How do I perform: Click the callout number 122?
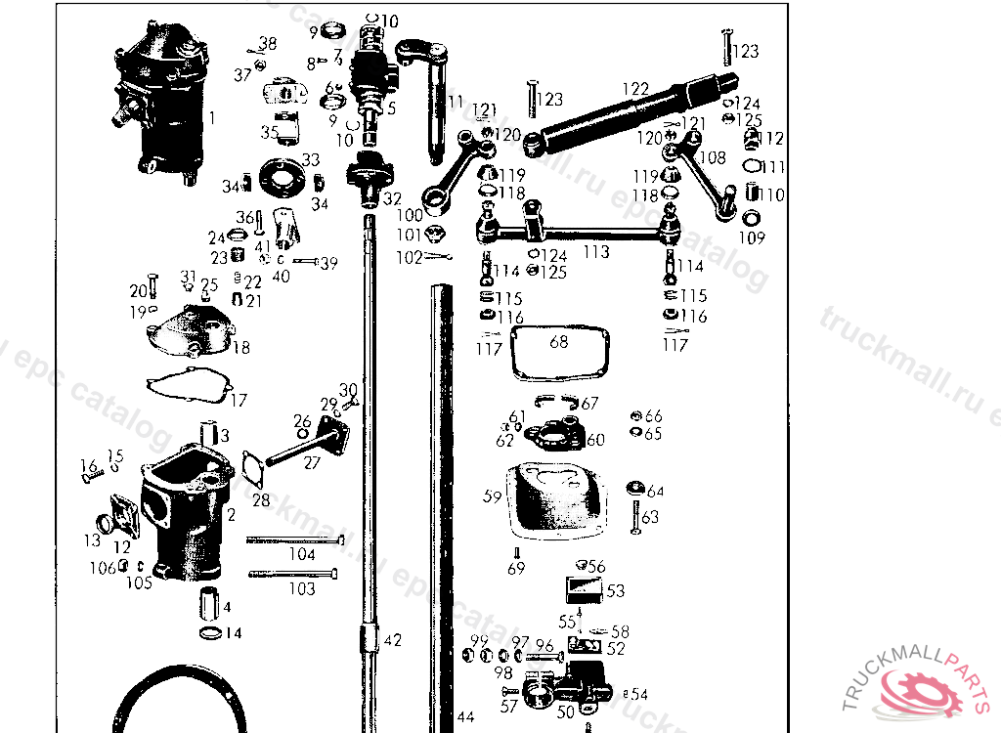[635, 89]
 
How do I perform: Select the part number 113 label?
[596, 252]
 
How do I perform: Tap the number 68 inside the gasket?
[558, 342]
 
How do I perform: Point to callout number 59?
[492, 496]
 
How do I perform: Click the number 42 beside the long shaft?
[392, 641]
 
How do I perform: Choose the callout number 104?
[302, 554]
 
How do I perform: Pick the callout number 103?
[302, 588]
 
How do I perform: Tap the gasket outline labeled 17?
[186, 389]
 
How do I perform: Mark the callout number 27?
[311, 463]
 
